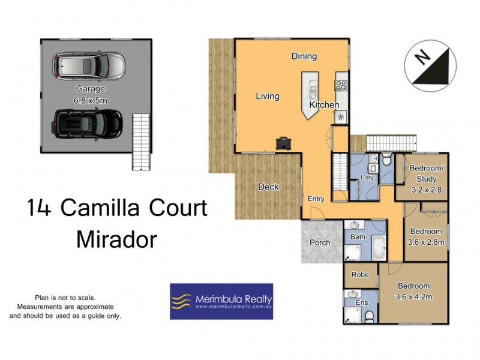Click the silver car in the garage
point(89,66)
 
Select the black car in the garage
point(88,123)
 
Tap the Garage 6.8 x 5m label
point(88,94)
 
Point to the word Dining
point(304,56)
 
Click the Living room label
point(268,96)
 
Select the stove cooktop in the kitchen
point(341,86)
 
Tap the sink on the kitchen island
point(313,91)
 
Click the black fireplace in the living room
point(283,143)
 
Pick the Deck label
point(268,187)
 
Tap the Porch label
point(320,243)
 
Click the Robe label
point(360,275)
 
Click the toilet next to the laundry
point(387,160)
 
